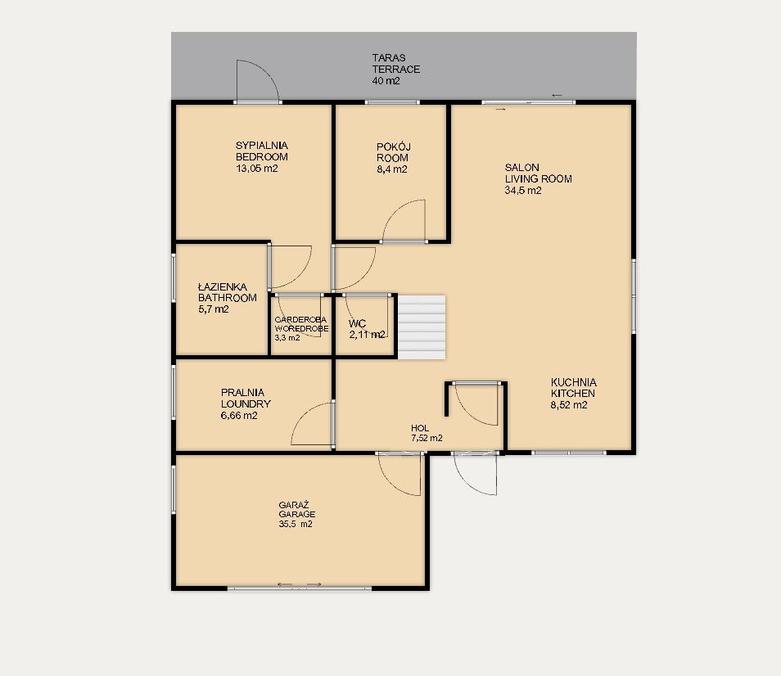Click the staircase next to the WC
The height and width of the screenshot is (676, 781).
(422, 327)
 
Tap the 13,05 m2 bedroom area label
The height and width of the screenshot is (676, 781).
(256, 169)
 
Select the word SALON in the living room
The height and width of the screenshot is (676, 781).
(521, 167)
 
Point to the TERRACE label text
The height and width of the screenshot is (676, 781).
(396, 70)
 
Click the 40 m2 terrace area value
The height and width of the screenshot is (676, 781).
(386, 81)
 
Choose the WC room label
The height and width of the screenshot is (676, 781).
(357, 323)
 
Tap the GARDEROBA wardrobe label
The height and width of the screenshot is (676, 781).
(300, 319)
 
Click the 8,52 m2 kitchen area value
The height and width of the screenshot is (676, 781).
(569, 405)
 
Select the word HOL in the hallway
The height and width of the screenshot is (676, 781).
(420, 428)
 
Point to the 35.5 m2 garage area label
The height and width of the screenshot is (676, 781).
(296, 524)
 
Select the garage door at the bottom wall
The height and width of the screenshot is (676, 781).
(300, 588)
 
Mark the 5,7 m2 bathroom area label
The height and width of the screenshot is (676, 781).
(213, 309)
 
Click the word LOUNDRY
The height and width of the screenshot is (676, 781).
(246, 403)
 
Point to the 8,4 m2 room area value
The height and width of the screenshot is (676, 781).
(392, 169)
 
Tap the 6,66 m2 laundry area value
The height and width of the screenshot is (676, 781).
(239, 415)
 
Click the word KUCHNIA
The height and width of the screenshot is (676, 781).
(573, 382)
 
